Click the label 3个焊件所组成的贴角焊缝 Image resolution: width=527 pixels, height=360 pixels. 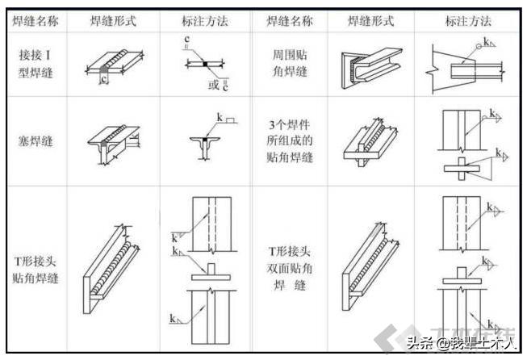[290, 141]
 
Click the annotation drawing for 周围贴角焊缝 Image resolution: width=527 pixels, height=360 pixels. [466, 65]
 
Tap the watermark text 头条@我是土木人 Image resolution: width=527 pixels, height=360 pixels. [459, 343]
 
